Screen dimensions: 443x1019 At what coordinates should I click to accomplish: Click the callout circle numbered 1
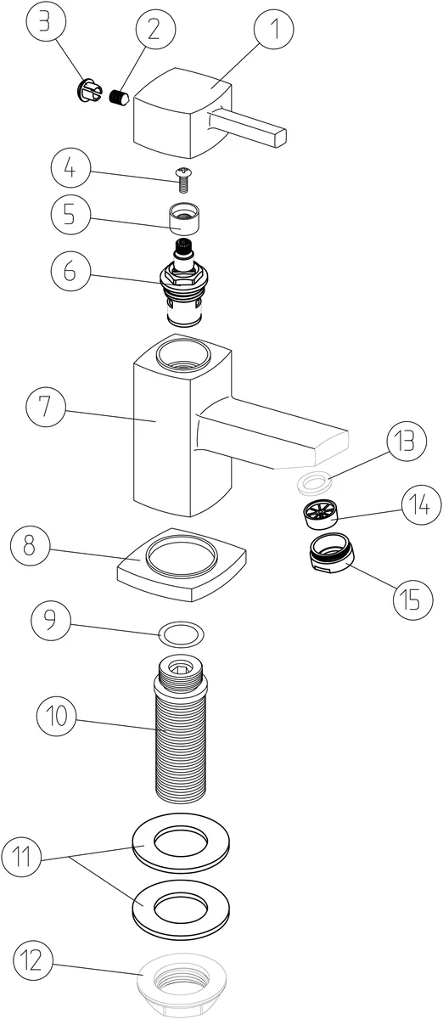(x=274, y=30)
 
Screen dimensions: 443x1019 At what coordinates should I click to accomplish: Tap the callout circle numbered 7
(x=46, y=406)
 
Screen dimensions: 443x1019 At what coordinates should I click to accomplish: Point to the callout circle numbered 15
(x=413, y=599)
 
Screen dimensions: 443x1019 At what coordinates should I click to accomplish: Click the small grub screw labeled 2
(x=120, y=97)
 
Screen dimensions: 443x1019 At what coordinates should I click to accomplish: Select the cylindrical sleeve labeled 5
(x=184, y=219)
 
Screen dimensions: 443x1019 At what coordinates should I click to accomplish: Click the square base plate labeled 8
(x=182, y=565)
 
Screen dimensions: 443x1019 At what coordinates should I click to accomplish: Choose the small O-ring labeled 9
(x=182, y=633)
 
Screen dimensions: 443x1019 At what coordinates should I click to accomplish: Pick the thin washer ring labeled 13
(x=312, y=481)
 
